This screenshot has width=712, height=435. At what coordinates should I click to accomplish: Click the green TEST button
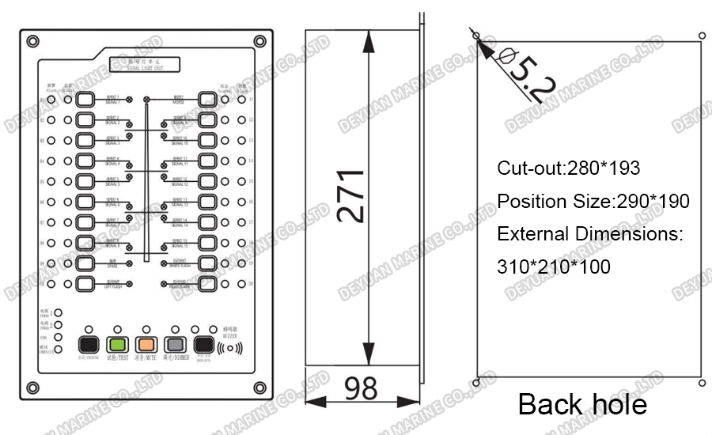point(117,345)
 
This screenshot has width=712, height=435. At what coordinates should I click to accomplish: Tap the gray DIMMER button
point(174,345)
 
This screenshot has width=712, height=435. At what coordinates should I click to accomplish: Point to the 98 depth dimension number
point(361,389)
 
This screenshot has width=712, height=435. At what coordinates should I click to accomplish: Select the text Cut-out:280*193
point(568,168)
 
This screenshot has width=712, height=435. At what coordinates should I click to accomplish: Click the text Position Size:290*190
point(593,202)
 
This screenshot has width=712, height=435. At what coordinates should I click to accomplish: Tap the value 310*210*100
point(554,267)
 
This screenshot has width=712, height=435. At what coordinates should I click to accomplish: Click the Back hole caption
point(582,404)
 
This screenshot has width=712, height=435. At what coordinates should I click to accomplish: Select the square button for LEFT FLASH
point(85,283)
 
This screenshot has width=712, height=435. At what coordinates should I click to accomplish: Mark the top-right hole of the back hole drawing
point(703,35)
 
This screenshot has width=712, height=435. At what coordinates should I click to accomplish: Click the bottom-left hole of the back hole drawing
point(475,383)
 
